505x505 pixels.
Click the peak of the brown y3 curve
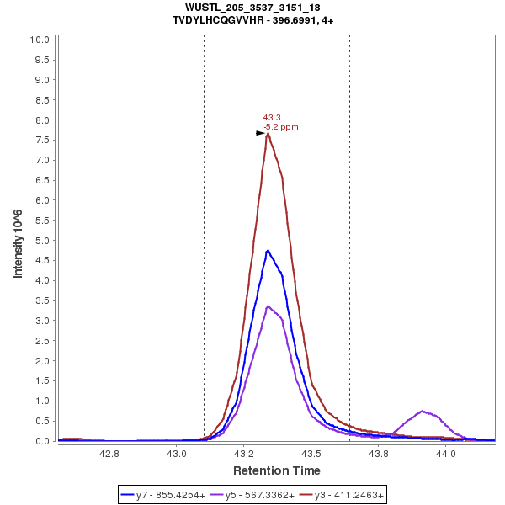coord(268,133)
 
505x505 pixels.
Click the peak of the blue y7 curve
coord(268,250)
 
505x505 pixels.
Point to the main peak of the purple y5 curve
coord(268,306)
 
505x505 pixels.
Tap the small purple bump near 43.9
coord(423,412)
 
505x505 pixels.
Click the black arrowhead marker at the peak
coord(260,133)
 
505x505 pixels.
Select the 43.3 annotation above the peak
coord(272,118)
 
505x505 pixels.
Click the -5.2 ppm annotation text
coord(281,127)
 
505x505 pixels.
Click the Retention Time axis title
coord(277,470)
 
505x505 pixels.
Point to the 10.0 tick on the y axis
coord(40,40)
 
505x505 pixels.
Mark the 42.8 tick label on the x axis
coord(109,454)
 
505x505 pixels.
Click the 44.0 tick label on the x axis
coord(445,454)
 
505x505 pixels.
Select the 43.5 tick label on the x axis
coord(311,454)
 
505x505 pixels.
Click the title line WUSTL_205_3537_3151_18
coord(252,8)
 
